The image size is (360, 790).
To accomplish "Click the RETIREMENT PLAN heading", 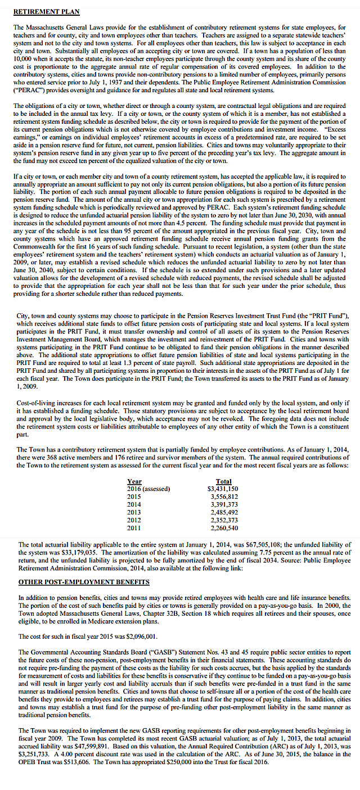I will pos(46,11).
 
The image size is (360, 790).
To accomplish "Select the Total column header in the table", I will pos(223,481).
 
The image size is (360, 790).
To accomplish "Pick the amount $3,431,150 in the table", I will pos(223,489).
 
